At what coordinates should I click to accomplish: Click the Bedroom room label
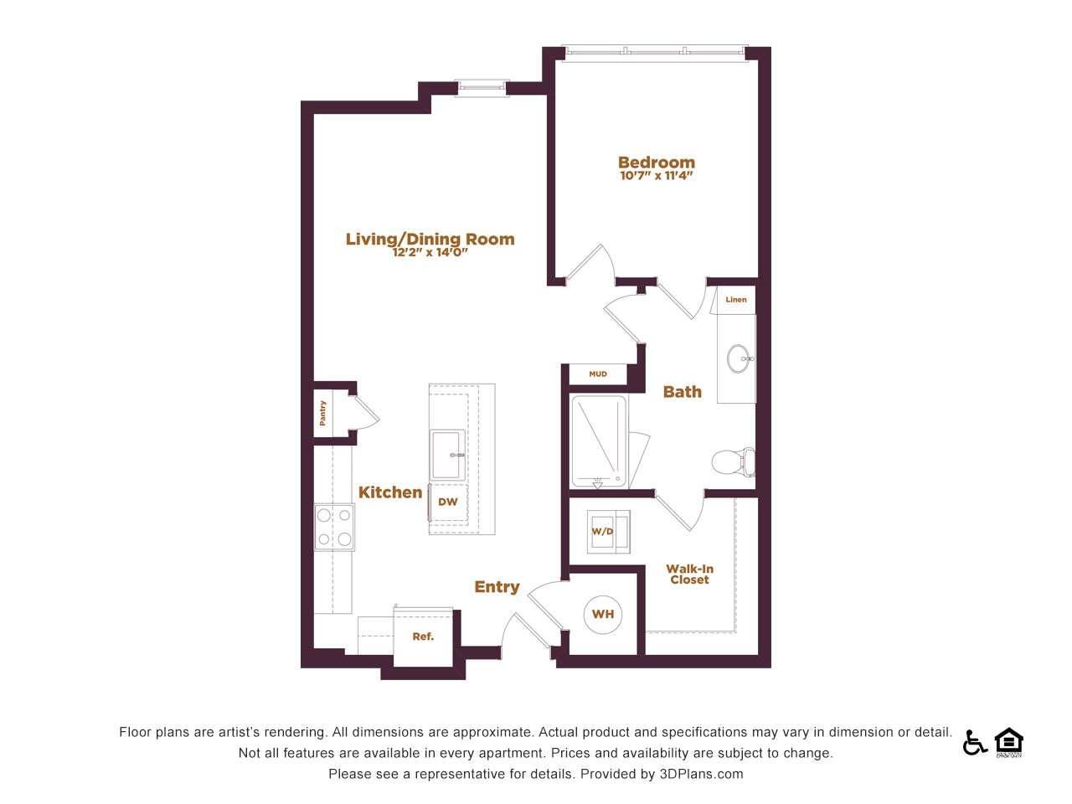click(656, 162)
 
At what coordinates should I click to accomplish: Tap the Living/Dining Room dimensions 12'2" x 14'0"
click(430, 252)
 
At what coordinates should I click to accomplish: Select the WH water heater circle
click(603, 614)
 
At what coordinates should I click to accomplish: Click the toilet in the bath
click(733, 461)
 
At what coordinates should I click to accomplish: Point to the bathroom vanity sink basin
click(739, 358)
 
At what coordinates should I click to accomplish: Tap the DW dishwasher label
click(447, 502)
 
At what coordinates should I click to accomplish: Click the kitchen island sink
click(447, 455)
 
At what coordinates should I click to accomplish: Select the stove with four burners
click(334, 528)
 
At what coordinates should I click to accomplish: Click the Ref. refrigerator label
click(423, 636)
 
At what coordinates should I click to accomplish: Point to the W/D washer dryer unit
click(608, 532)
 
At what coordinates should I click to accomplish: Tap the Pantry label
click(322, 413)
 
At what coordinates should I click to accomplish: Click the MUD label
click(598, 374)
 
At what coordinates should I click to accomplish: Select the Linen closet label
click(736, 300)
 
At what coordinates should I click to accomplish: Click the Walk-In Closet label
click(689, 574)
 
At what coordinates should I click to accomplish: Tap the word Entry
click(497, 587)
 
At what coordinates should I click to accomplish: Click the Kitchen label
click(390, 492)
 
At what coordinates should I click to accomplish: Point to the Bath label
click(683, 391)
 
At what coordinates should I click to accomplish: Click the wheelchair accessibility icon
click(974, 742)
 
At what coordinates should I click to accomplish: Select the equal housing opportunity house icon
click(1009, 742)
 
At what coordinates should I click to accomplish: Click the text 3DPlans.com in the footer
click(701, 774)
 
